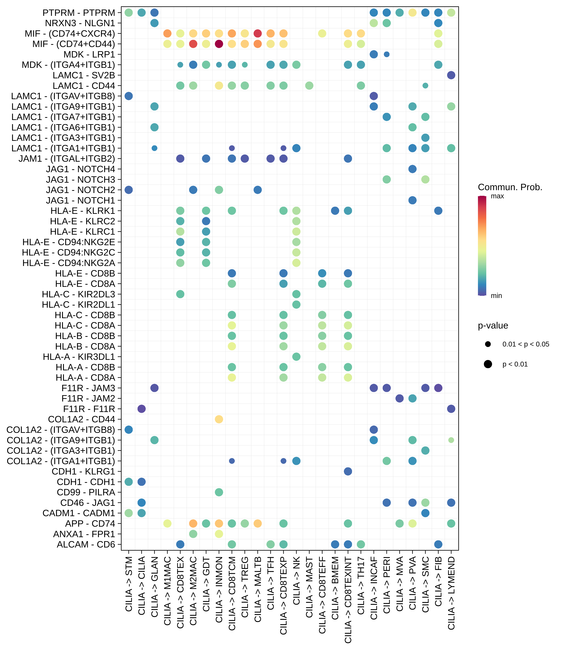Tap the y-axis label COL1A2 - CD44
(82, 419)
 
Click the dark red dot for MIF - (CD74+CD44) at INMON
(219, 44)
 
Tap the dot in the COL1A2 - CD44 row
(219, 419)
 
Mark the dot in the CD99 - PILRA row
(219, 492)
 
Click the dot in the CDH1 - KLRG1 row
(348, 471)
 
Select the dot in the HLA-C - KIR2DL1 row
(296, 304)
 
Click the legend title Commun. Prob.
(510, 187)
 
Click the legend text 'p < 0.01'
(515, 364)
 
